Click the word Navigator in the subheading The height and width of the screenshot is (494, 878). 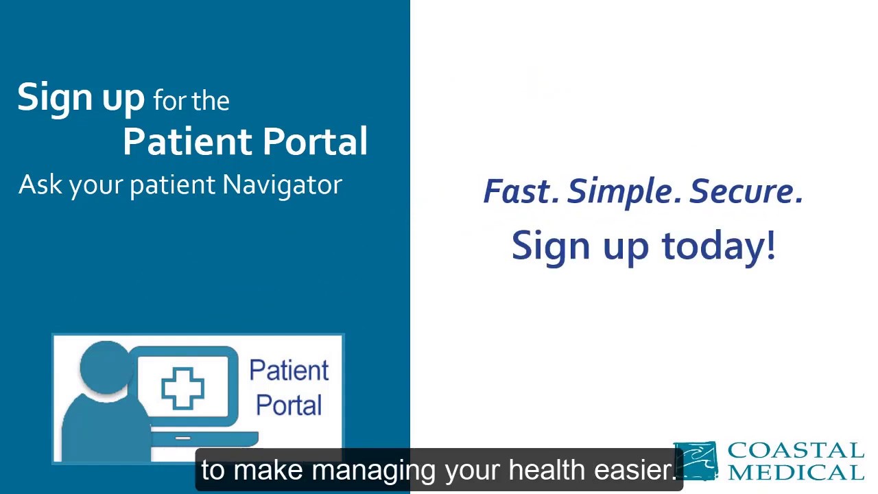tap(282, 185)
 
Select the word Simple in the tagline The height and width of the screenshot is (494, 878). tap(624, 191)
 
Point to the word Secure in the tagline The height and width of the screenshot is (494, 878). tap(746, 191)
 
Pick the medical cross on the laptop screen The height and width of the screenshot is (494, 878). tap(182, 388)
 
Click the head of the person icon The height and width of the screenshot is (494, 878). tap(104, 367)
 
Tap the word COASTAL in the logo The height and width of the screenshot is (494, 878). tap(795, 451)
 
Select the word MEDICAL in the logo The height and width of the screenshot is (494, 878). tap(795, 472)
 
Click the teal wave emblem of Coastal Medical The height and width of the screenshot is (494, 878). tap(696, 460)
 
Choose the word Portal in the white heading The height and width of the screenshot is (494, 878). tap(315, 141)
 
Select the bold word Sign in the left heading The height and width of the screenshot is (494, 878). tap(56, 98)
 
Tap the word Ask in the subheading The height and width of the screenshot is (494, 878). tap(40, 185)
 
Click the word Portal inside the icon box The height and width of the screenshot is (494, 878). tap(289, 405)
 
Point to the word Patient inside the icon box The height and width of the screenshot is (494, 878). tap(289, 370)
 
